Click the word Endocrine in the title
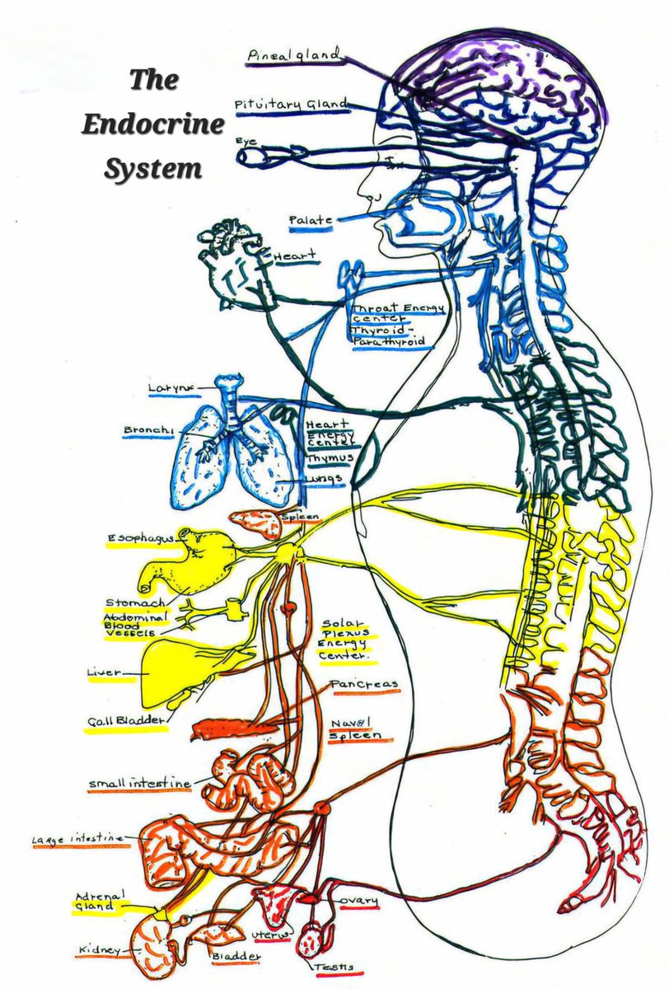coord(152,125)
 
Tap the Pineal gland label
coord(293,55)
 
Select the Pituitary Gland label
coord(291,105)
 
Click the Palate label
coord(310,221)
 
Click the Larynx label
coord(169,387)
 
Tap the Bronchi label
coord(148,430)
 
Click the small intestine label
coord(140,782)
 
